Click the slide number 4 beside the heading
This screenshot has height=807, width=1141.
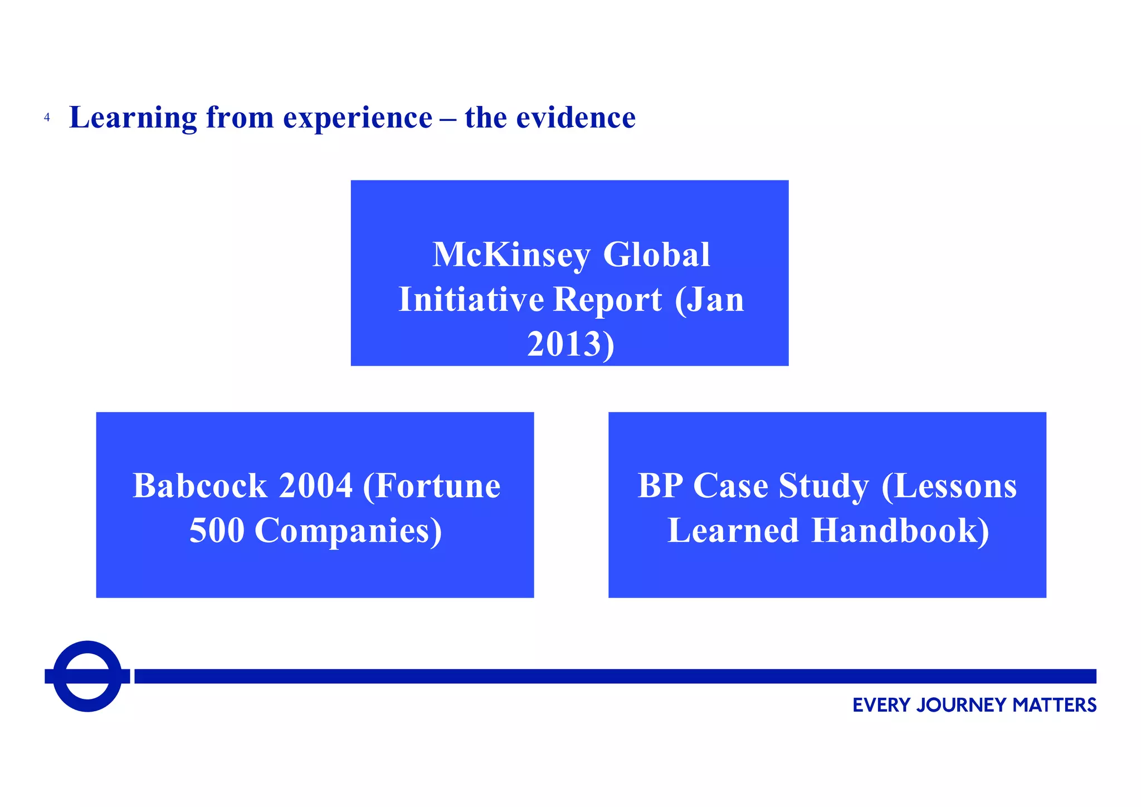[47, 118]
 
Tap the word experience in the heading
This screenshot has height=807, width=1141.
[357, 118]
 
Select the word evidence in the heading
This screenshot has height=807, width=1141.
[576, 118]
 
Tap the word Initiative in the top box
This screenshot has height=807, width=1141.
[471, 300]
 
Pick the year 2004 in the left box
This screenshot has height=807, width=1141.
[315, 486]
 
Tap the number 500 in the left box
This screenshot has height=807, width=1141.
[217, 531]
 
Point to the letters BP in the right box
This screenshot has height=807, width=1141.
[660, 486]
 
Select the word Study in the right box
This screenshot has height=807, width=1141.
[823, 486]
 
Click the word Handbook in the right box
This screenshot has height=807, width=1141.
[900, 531]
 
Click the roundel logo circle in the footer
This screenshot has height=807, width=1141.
[87, 676]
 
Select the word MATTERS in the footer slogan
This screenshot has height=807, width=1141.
[1054, 706]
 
